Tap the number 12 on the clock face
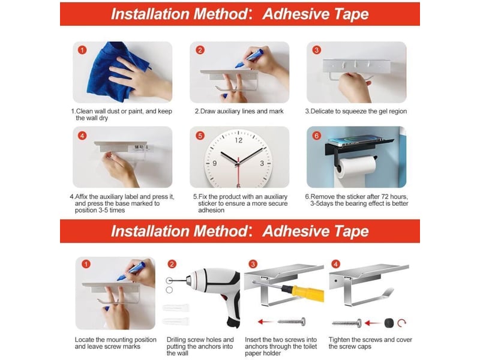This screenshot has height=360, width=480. coord(238,140)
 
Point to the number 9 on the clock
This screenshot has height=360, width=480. coord(215,163)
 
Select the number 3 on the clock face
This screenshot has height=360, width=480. coord(262,163)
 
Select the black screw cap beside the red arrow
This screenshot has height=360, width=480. coord(389,323)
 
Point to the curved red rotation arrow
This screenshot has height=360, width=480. coord(401,322)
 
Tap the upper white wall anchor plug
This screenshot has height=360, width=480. coord(176,307)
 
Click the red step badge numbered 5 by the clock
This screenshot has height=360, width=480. coord(200,136)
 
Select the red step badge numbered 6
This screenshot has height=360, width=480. coord(317,136)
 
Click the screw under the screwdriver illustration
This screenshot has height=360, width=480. coord(292,322)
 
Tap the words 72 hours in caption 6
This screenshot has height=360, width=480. coord(394,197)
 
